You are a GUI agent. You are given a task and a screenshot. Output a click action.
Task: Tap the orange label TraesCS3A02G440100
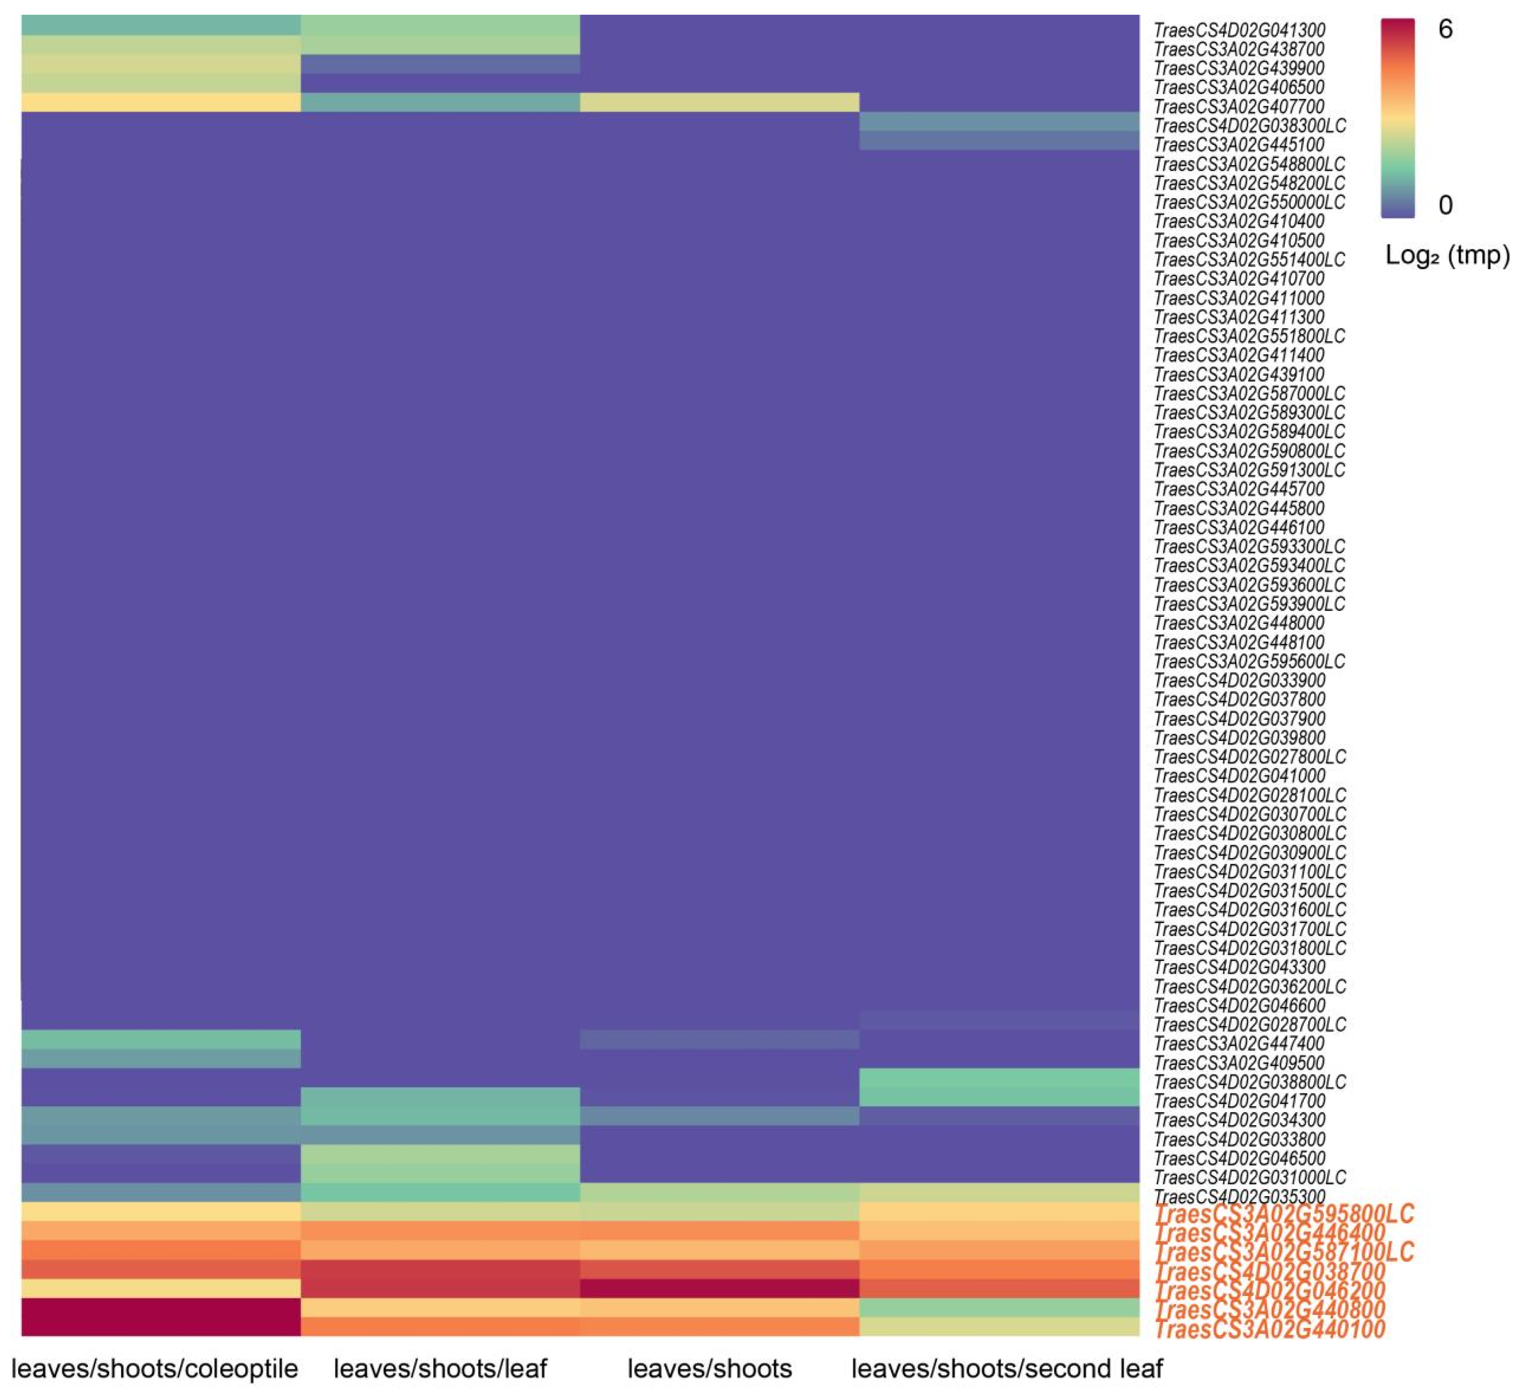tap(1270, 1329)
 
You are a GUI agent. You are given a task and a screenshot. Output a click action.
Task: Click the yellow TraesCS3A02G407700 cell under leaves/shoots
tap(719, 102)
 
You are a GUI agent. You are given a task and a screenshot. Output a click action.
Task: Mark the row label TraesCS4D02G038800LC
tap(1249, 1082)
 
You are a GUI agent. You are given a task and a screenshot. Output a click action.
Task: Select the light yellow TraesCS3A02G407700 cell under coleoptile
tap(161, 102)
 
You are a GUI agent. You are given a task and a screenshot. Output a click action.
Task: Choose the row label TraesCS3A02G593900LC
tap(1249, 603)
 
